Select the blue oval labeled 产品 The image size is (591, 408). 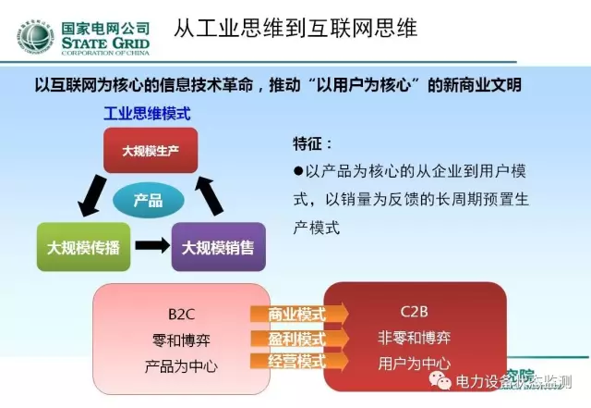147,199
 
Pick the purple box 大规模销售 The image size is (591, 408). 218,247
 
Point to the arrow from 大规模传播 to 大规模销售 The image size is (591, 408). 150,246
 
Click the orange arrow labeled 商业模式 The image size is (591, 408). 297,315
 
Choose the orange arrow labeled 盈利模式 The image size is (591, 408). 297,338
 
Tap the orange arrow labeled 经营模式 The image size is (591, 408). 297,361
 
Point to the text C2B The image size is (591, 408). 414,312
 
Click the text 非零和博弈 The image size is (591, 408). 414,337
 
